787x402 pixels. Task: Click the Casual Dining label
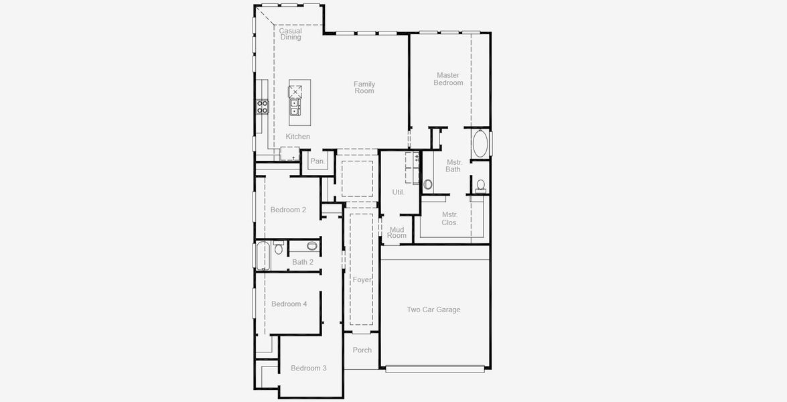tap(290, 34)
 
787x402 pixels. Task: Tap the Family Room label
tap(364, 88)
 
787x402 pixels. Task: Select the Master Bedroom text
tap(448, 79)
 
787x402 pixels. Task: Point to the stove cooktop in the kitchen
tap(262, 107)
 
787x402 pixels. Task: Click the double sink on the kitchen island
tap(295, 105)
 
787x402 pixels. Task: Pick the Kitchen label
tap(298, 137)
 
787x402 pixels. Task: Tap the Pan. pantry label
tap(317, 161)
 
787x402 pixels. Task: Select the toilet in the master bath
tap(480, 185)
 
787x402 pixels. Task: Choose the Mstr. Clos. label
tap(449, 218)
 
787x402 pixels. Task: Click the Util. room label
tap(398, 192)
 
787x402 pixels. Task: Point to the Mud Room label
tap(397, 232)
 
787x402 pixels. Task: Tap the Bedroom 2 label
tap(288, 210)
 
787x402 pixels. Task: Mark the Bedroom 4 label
tap(289, 304)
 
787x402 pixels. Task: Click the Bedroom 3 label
tap(308, 368)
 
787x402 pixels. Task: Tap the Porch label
tap(362, 350)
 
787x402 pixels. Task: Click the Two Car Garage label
tap(433, 310)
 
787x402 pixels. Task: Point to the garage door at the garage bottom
tap(435, 368)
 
